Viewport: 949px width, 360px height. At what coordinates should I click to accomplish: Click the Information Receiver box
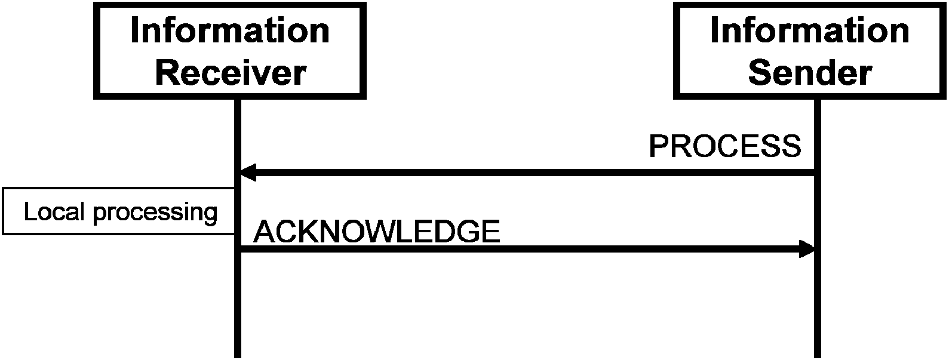230,50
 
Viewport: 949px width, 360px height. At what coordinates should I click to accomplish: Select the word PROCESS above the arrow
724,146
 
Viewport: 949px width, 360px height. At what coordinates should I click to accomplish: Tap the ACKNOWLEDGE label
376,232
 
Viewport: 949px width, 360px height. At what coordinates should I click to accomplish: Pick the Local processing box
119,211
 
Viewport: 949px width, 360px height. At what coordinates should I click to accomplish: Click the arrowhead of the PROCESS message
247,173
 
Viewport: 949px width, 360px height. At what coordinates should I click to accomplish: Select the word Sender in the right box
810,73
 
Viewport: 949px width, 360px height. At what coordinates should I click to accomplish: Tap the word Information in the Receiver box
230,30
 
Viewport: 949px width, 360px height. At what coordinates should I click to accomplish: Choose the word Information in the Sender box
810,30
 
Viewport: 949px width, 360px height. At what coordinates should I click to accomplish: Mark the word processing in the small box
155,213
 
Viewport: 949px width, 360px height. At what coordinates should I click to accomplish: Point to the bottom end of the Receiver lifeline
238,355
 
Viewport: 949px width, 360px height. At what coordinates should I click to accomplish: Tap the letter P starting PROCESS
658,146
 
